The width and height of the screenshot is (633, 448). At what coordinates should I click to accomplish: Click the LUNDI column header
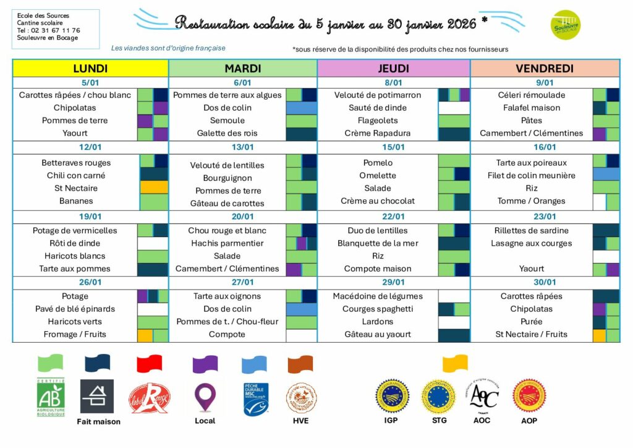click(90, 69)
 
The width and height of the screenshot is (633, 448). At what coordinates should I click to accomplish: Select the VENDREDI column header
click(545, 69)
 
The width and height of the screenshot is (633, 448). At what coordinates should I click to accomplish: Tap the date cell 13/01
click(243, 147)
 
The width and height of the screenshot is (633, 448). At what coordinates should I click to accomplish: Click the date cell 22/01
click(393, 217)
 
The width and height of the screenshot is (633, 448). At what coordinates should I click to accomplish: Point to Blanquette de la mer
click(378, 243)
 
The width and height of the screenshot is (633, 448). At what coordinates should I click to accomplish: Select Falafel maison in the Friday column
click(531, 108)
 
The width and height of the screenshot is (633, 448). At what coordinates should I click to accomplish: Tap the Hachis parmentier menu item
click(226, 243)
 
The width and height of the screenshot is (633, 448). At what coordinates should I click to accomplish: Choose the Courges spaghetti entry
click(378, 309)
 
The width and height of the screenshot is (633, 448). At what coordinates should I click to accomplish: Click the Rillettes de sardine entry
click(531, 231)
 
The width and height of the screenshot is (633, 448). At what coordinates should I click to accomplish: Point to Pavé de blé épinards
click(75, 309)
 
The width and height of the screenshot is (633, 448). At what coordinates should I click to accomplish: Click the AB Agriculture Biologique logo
click(51, 397)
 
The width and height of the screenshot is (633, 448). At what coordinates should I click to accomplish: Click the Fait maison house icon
click(98, 396)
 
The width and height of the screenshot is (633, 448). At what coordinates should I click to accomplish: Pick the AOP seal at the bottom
click(529, 396)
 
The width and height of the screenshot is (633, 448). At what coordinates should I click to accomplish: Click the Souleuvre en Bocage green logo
click(565, 25)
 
